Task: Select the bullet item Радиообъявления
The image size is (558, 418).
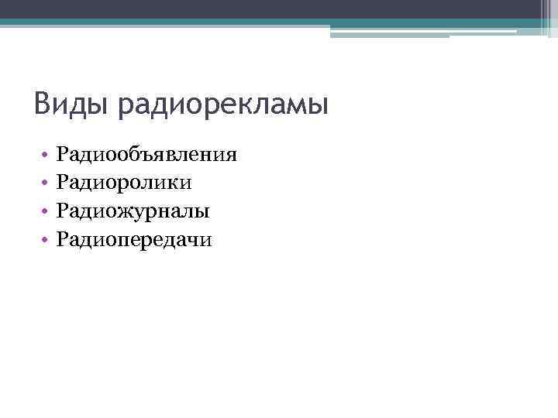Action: (x=146, y=154)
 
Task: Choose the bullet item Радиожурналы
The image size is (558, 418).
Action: (x=133, y=211)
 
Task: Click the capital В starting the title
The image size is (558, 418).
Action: (x=43, y=104)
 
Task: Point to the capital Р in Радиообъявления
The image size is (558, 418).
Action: (x=62, y=154)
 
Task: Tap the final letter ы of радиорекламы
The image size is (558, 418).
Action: (x=319, y=106)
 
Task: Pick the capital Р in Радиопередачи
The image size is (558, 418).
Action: (x=62, y=240)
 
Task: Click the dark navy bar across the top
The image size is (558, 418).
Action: (x=279, y=9)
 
